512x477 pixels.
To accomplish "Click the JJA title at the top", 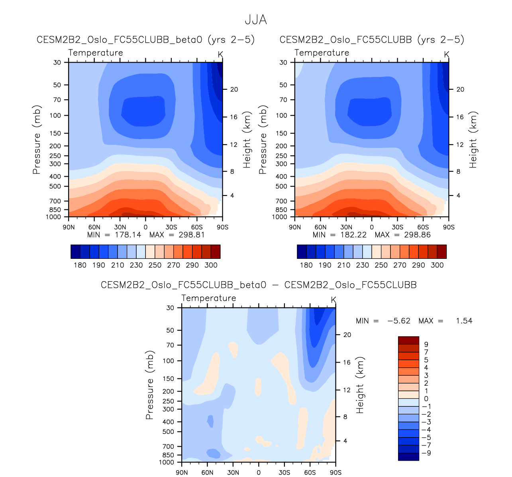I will click(x=255, y=20).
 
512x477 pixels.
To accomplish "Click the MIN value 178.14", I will click(x=128, y=235).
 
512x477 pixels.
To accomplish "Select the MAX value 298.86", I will click(x=417, y=235).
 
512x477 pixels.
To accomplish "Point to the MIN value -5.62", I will click(x=399, y=321).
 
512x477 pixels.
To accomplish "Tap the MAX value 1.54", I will click(x=464, y=321).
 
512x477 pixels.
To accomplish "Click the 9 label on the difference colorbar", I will click(x=426, y=344).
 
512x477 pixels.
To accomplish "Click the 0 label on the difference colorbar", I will click(x=426, y=399).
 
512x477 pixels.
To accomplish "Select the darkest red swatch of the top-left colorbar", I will click(x=215, y=252).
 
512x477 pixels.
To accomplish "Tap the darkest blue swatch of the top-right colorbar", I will click(x=302, y=252).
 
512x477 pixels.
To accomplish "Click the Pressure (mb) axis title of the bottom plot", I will click(x=150, y=385).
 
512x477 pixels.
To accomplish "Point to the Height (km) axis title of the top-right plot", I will click(x=473, y=140).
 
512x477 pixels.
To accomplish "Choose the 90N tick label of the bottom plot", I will click(x=182, y=473).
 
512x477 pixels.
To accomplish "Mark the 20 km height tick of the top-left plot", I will click(x=234, y=89).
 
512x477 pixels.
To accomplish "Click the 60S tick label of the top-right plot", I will click(x=423, y=227).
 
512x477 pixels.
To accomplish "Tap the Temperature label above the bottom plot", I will click(x=208, y=298).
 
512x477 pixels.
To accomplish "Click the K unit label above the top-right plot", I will click(x=447, y=54).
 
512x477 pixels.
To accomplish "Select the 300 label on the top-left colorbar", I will click(x=211, y=265).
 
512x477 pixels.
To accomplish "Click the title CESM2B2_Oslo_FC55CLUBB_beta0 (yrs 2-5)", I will click(x=145, y=39).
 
